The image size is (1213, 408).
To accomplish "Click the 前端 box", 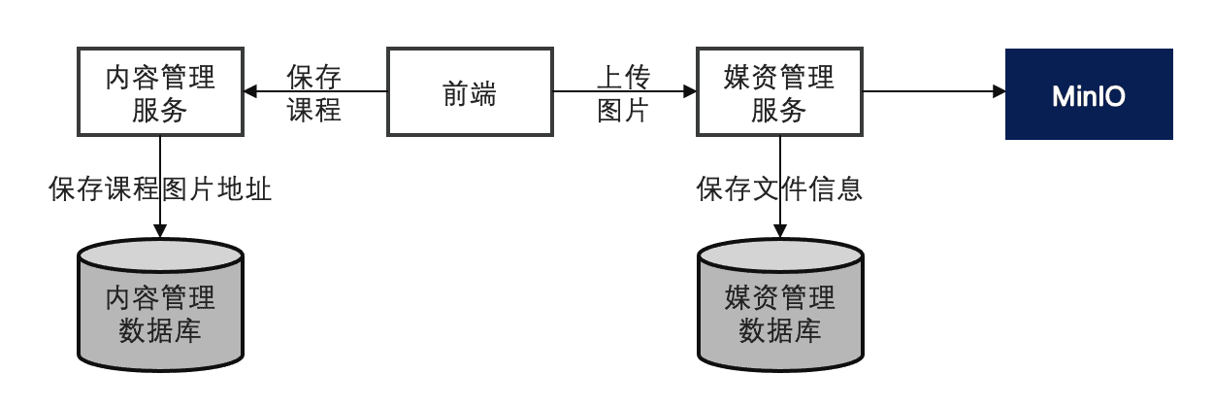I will (470, 92).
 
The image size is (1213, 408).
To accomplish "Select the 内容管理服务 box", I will (160, 92).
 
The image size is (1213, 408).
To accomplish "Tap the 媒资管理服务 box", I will (779, 92).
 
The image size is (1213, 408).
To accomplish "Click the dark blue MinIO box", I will (1089, 94).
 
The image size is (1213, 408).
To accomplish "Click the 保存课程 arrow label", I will (314, 92).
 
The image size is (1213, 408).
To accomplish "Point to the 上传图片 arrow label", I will (623, 92).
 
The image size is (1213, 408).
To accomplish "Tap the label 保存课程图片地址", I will (160, 188).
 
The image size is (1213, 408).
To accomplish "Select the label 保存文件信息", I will (779, 188).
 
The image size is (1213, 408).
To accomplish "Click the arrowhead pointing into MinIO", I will (999, 92).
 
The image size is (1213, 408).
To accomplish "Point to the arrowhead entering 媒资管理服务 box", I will (690, 92).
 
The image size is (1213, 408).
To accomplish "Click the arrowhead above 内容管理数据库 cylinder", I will (160, 230).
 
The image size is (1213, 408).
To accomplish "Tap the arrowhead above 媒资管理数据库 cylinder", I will (779, 230).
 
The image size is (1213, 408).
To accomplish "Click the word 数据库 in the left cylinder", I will (160, 330).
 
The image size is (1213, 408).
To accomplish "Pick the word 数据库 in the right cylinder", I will (779, 330).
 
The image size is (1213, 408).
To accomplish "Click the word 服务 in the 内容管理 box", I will (160, 110).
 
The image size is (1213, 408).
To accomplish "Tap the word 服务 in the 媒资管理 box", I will (779, 110).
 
